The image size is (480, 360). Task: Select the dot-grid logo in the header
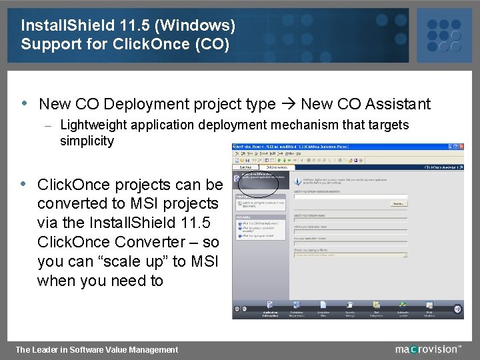coord(443,35)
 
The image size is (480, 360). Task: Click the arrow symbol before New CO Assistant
coord(288,104)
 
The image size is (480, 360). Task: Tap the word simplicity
coord(87,141)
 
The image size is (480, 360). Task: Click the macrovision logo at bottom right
coord(427,349)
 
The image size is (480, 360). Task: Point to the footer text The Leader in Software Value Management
coord(97,349)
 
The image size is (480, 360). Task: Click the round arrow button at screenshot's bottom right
coord(458,309)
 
